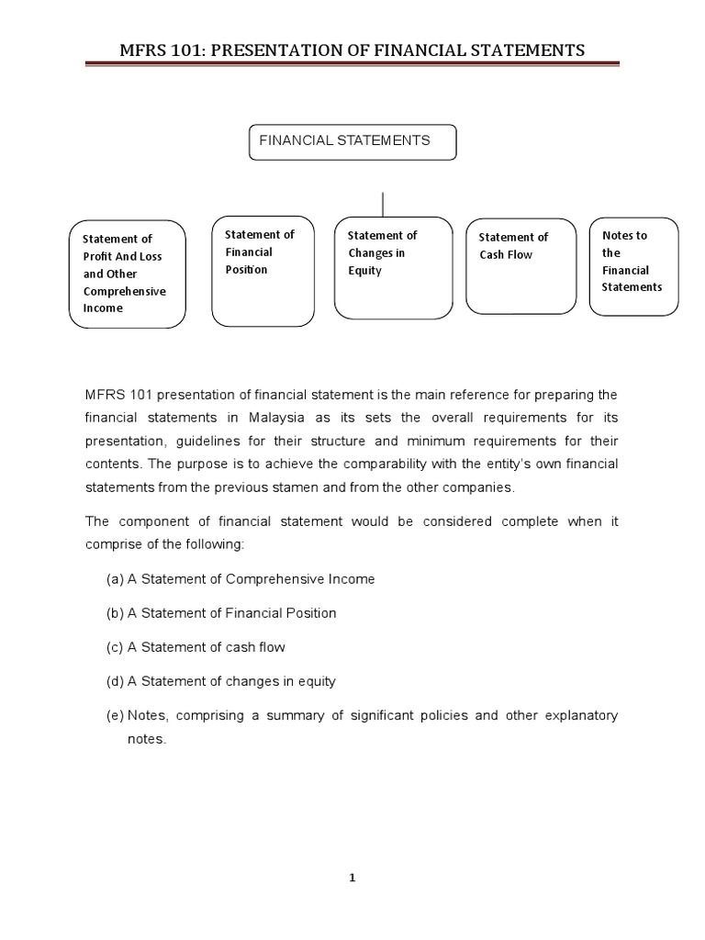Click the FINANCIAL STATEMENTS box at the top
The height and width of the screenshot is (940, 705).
[x=352, y=142]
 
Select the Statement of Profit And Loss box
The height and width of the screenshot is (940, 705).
[x=127, y=274]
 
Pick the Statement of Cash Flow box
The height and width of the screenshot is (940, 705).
[x=520, y=265]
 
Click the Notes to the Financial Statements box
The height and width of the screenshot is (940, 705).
[x=632, y=267]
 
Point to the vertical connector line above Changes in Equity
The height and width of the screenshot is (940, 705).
[x=383, y=204]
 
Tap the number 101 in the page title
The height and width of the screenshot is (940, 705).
[x=188, y=50]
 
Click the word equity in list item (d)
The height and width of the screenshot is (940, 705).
[x=317, y=681]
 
